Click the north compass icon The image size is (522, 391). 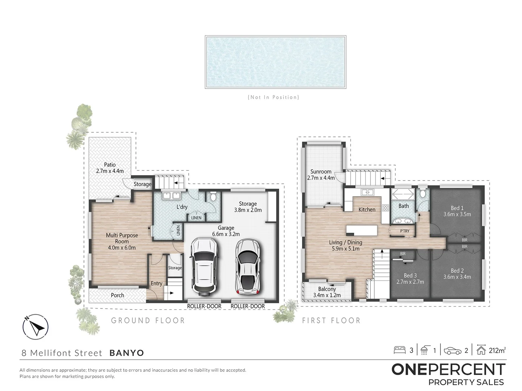pos(36,327)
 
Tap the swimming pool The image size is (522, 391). pos(275,62)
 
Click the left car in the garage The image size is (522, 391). pos(205,265)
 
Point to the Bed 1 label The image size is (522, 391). pos(457,208)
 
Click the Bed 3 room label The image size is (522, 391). pos(410,275)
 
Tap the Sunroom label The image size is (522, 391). pos(321,172)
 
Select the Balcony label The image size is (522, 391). pos(327,289)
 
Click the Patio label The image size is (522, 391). pos(110,165)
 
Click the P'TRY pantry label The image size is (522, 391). pos(405,231)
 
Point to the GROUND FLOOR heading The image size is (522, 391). pos(148,320)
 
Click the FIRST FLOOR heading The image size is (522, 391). pos(331,320)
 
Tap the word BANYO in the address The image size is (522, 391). pos(127,353)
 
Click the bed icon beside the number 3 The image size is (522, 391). pos(399,350)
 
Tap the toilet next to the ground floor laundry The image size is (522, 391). pos(213,197)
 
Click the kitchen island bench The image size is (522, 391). pos(361,230)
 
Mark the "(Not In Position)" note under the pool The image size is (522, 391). pos(274,97)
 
